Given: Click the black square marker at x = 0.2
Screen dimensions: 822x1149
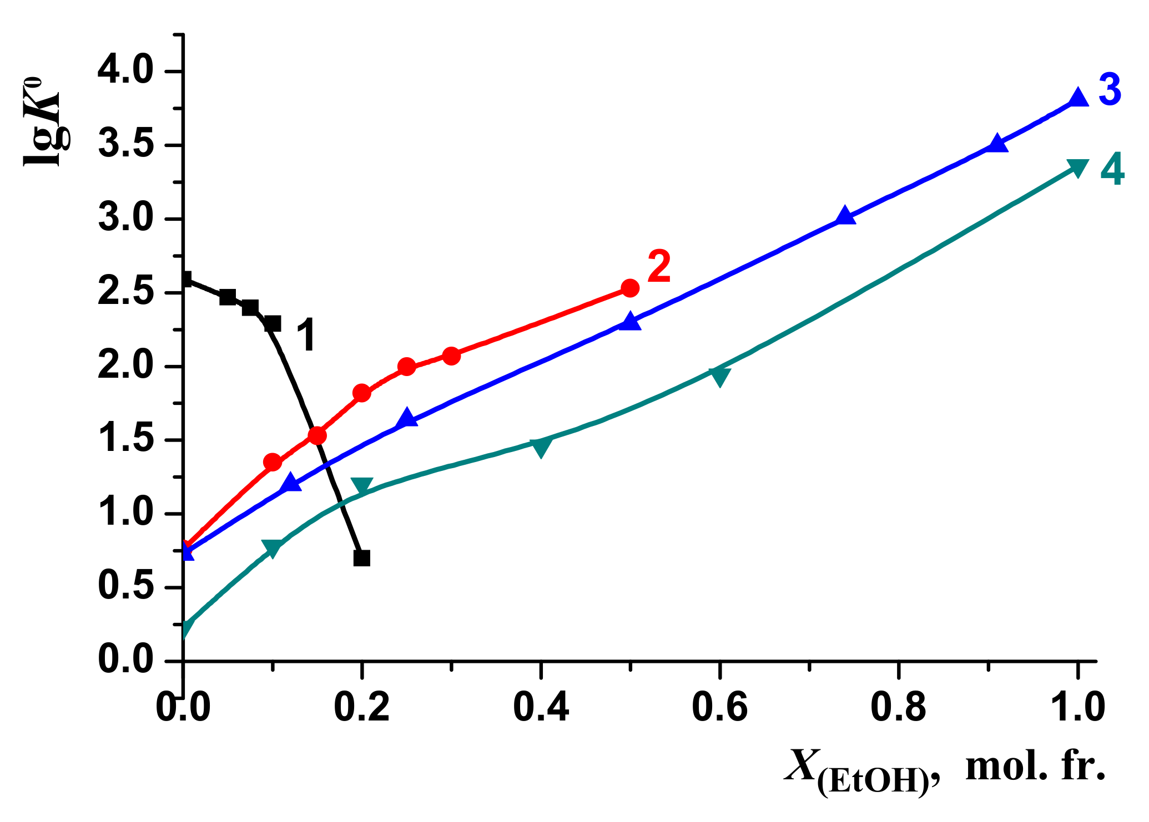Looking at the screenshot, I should (362, 558).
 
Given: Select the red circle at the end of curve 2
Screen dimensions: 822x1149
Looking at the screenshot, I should (630, 288).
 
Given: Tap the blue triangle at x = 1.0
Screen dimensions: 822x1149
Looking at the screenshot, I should (1078, 97).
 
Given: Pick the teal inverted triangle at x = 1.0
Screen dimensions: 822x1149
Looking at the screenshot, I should (1078, 168).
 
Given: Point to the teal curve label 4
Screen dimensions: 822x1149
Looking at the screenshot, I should (1112, 170).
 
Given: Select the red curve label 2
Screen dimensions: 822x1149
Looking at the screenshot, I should (659, 267).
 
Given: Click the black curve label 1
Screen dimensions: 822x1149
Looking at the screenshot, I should (305, 335).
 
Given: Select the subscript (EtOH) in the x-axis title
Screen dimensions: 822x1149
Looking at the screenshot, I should (873, 782).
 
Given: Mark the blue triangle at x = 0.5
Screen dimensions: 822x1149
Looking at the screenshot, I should (630, 321).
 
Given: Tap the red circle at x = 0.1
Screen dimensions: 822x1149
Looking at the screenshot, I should (273, 462).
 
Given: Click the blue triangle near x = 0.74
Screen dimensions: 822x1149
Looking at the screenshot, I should (845, 215).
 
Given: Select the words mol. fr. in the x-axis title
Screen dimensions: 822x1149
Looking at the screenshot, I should (1035, 767).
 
